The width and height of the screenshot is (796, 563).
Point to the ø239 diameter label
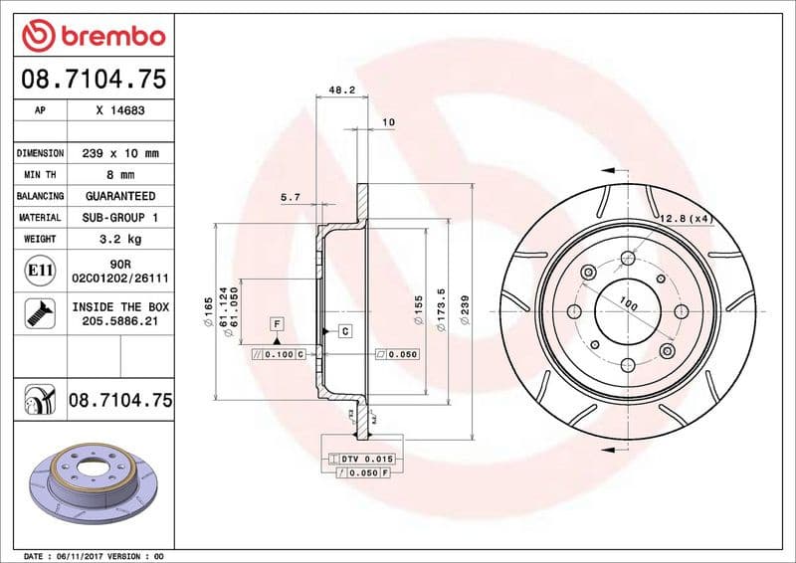[464, 311]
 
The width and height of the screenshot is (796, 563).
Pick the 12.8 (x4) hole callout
[686, 218]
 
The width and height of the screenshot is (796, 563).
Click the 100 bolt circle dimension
[628, 301]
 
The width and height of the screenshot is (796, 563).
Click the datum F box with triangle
[276, 324]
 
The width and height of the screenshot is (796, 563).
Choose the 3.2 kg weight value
[120, 239]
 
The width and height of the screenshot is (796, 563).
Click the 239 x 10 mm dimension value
[120, 153]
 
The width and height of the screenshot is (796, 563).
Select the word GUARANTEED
[120, 196]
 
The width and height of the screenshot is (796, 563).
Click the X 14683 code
[120, 110]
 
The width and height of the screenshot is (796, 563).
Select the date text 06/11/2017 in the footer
[78, 555]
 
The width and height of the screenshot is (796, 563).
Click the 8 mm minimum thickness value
[120, 175]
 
